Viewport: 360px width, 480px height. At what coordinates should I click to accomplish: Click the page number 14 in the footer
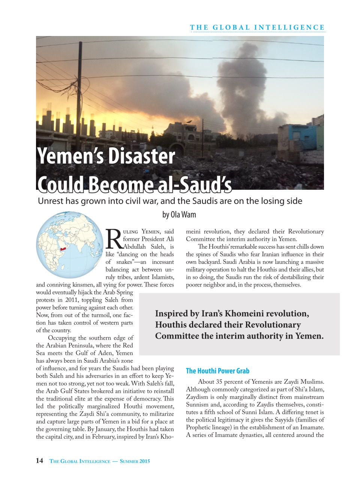coord(39,461)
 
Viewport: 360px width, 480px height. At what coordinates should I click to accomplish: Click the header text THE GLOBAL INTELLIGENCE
coord(257,27)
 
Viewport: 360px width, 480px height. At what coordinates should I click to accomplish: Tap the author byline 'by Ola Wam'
coord(179,214)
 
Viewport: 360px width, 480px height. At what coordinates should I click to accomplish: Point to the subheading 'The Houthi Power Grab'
coord(217,371)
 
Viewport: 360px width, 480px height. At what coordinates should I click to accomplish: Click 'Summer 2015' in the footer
coord(135,461)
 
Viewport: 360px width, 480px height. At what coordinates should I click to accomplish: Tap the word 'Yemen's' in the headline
coord(70,157)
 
